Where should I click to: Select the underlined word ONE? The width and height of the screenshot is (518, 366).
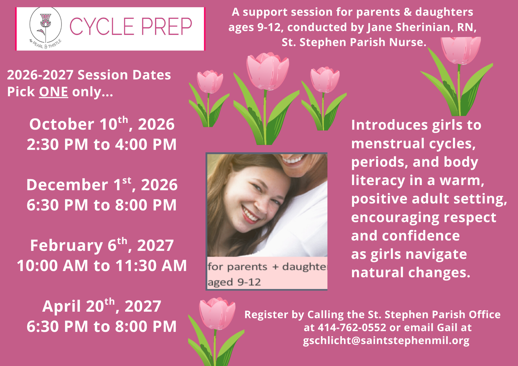[x=53, y=92]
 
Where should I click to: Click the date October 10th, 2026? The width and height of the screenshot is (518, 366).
[x=102, y=124]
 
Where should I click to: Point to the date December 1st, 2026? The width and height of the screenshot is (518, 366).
[x=102, y=184]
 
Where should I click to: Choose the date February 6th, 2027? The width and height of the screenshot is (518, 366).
[x=102, y=245]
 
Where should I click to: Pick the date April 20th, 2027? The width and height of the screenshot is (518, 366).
[x=102, y=306]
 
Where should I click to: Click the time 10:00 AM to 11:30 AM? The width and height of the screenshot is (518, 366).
[x=102, y=265]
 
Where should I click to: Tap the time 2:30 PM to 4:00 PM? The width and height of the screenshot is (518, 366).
[x=102, y=144]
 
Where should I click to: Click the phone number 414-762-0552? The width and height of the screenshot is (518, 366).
[x=352, y=327]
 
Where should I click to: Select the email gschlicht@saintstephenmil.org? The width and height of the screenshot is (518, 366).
[x=386, y=341]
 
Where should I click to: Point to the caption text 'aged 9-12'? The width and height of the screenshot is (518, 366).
[x=234, y=282]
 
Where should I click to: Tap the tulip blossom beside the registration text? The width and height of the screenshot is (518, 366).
[x=217, y=313]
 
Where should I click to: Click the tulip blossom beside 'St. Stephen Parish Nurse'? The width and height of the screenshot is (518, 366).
[x=461, y=50]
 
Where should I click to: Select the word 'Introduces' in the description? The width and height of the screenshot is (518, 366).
[x=390, y=125]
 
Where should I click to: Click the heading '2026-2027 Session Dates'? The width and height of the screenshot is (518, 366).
[x=89, y=75]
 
